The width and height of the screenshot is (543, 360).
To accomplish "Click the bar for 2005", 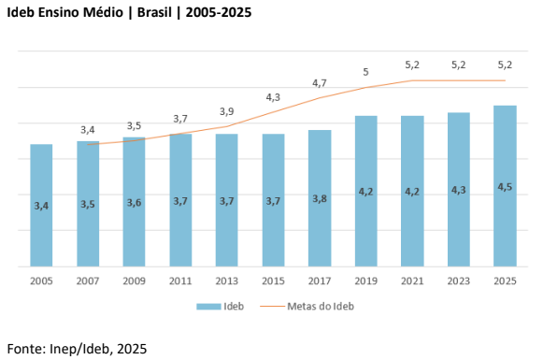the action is tap(41, 205).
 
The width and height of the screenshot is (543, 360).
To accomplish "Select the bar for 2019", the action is tap(366, 191).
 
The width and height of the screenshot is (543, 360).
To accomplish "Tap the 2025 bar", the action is tap(505, 186).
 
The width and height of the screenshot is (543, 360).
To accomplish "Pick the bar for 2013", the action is tap(227, 200).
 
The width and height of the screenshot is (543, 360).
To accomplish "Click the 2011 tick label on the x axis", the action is tap(180, 281).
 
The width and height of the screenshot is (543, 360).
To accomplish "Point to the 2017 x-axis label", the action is tap(320, 281).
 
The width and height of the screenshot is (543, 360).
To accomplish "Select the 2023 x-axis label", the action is tap(459, 281).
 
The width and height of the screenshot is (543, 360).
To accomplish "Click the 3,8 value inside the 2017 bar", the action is tap(320, 199).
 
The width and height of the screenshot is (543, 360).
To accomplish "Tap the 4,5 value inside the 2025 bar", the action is tap(505, 187).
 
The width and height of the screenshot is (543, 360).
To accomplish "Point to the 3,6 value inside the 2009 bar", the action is tap(134, 203).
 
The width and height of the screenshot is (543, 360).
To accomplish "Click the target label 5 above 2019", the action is tap(365, 72).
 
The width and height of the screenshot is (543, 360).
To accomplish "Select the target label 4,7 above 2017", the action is tap(320, 83).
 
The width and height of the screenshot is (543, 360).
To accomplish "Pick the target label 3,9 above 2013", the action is tap(227, 111).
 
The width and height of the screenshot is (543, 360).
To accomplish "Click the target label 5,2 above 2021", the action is tap(412, 65).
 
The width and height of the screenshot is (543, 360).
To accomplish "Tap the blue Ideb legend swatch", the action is tap(208, 307).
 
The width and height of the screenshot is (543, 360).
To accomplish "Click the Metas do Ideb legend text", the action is tap(321, 307).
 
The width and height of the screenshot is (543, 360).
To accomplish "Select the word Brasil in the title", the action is tap(154, 12).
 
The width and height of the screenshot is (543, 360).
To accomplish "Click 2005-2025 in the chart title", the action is tap(219, 12).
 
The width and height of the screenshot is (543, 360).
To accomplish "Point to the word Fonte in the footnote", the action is tap(26, 349).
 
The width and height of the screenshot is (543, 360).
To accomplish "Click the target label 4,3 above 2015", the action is tap(273, 97).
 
